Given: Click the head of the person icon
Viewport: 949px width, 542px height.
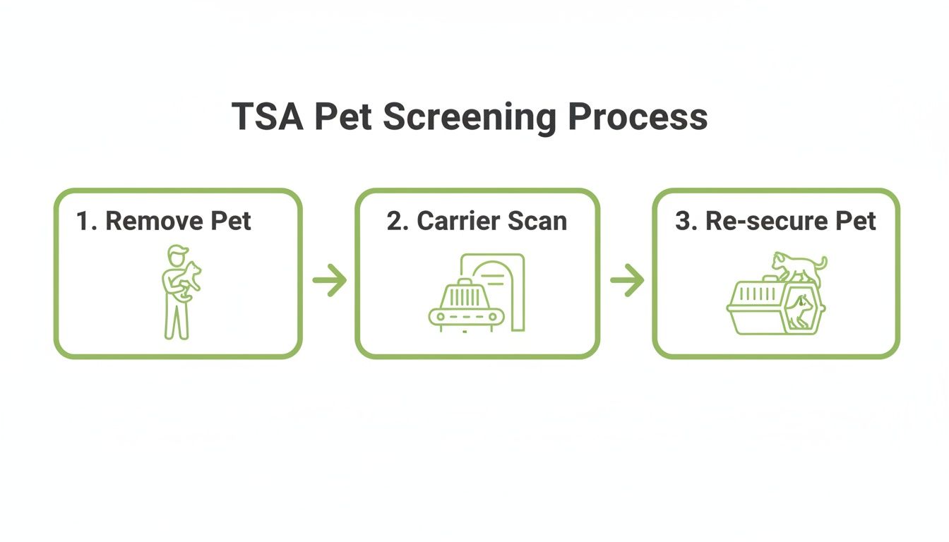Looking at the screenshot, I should (x=178, y=253).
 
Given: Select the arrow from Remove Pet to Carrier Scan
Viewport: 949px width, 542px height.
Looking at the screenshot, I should (x=329, y=281).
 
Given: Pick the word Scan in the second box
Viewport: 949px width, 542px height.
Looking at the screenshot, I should (x=540, y=221).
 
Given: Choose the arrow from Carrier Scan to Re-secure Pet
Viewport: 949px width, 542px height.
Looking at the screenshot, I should (x=627, y=281).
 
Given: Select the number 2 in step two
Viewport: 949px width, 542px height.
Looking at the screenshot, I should (x=393, y=221).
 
